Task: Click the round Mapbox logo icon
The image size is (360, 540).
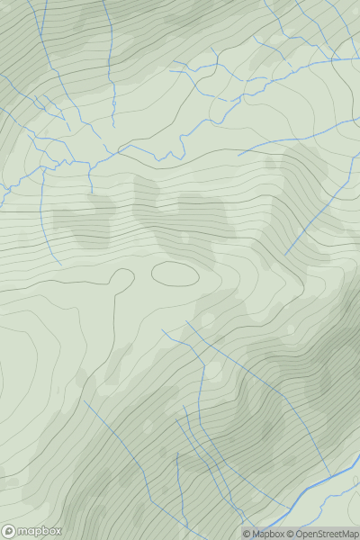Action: click(x=9, y=532)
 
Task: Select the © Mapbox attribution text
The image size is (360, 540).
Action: click(x=264, y=534)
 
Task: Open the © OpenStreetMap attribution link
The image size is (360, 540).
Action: click(x=323, y=534)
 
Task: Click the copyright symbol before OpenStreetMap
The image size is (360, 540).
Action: click(x=292, y=534)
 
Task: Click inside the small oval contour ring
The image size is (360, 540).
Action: click(x=175, y=272)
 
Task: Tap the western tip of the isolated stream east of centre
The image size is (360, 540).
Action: click(x=238, y=156)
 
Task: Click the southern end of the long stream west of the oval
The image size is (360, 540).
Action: click(x=61, y=264)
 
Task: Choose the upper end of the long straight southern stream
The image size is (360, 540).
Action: click(x=187, y=321)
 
